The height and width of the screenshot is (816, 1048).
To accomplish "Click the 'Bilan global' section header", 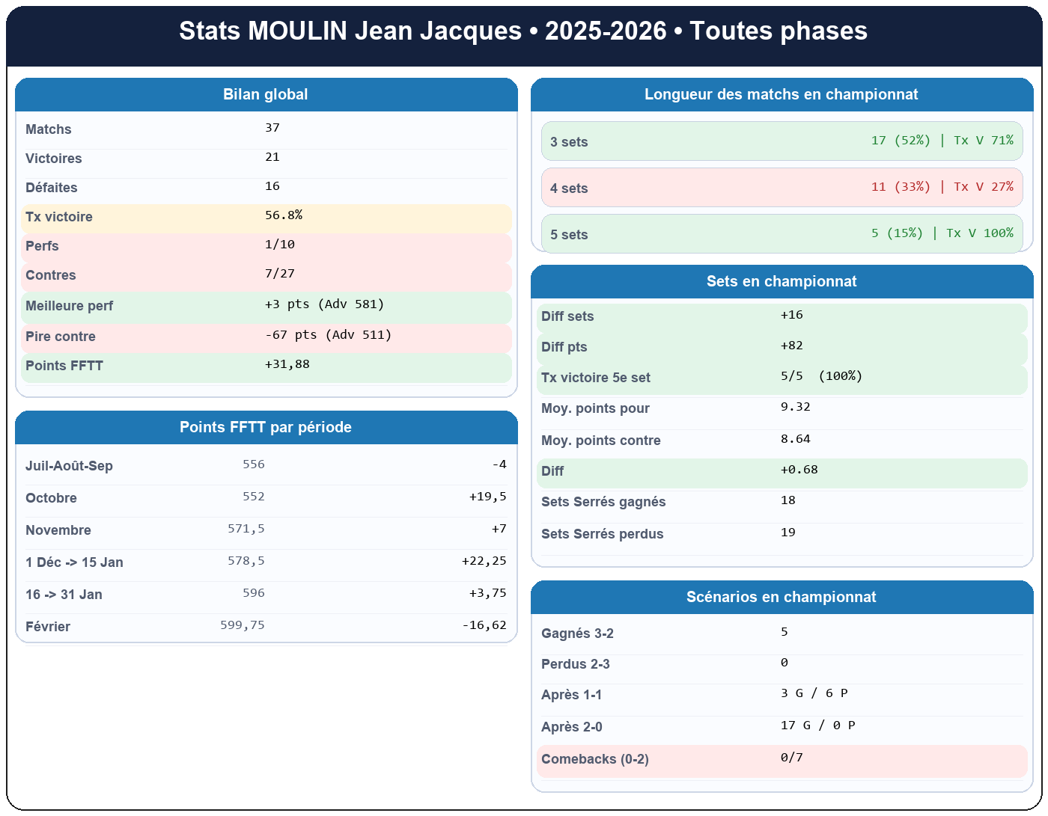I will click(x=266, y=94).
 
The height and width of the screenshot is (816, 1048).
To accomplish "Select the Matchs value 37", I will click(x=272, y=128).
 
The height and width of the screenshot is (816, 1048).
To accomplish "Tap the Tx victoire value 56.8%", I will click(x=284, y=215).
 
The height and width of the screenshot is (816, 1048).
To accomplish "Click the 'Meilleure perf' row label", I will click(x=70, y=306).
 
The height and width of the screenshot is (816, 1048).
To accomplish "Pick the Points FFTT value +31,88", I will click(x=287, y=364).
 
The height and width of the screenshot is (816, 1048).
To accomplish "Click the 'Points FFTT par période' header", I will click(x=266, y=427).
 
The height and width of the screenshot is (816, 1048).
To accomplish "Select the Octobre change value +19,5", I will click(x=488, y=497).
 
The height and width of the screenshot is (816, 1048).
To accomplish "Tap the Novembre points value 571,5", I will click(x=246, y=529).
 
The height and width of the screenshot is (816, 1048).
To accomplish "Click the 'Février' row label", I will click(x=48, y=627).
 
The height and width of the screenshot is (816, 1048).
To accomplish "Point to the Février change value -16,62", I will click(x=484, y=625).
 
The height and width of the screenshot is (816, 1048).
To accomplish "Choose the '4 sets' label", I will click(x=569, y=188).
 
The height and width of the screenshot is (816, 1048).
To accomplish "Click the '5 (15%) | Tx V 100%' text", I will click(x=942, y=233).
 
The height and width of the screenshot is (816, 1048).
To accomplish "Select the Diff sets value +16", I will click(x=792, y=315).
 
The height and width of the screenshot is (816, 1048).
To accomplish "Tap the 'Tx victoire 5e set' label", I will click(x=596, y=378).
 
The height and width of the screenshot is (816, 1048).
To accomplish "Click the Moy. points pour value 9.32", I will click(x=796, y=407).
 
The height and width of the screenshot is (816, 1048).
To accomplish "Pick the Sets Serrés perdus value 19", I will click(x=788, y=533).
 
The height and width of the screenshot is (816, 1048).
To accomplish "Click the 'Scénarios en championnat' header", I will click(x=782, y=597).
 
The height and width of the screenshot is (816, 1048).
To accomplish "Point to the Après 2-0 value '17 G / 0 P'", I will click(x=817, y=725).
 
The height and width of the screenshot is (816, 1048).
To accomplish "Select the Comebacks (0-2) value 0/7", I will click(x=792, y=758).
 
